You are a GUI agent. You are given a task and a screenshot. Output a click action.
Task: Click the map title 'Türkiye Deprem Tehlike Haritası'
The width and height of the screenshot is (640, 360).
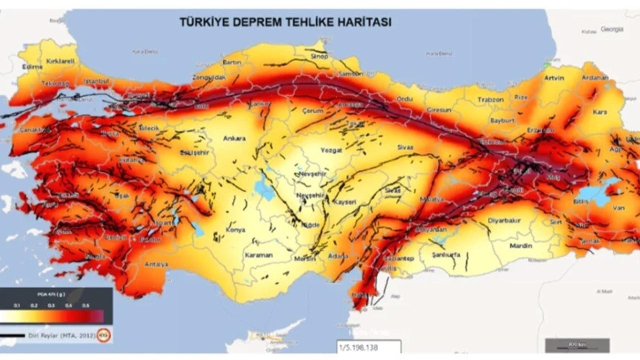coord(285,22)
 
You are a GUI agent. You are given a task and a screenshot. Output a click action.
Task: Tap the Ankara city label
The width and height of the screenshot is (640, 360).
coord(234,138)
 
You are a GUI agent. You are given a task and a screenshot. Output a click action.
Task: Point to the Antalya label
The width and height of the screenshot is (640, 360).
coord(155,264)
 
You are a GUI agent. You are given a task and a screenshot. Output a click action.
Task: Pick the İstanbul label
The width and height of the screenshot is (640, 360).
coord(96,80)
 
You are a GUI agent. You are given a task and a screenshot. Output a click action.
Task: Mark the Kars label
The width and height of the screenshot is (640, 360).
coord(599,112)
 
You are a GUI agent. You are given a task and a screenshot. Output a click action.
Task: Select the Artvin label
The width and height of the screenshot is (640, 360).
coord(553,78)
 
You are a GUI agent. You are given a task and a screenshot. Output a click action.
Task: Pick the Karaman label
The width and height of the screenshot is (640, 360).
coord(258,255)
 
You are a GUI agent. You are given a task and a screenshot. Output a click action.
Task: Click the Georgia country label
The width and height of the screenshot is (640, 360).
coord(612,29)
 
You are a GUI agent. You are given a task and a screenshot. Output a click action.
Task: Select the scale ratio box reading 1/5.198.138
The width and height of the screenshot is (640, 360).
coord(369,346)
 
